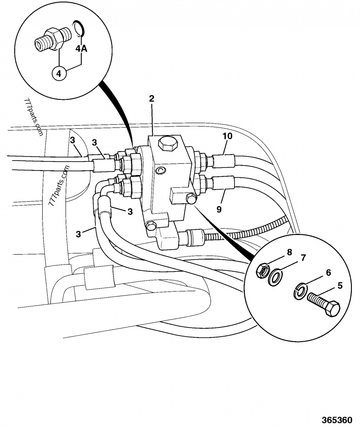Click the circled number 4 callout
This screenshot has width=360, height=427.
[x=59, y=72]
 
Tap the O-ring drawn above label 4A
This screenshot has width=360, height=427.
[x=79, y=28]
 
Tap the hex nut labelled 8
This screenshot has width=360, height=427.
[x=262, y=271]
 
